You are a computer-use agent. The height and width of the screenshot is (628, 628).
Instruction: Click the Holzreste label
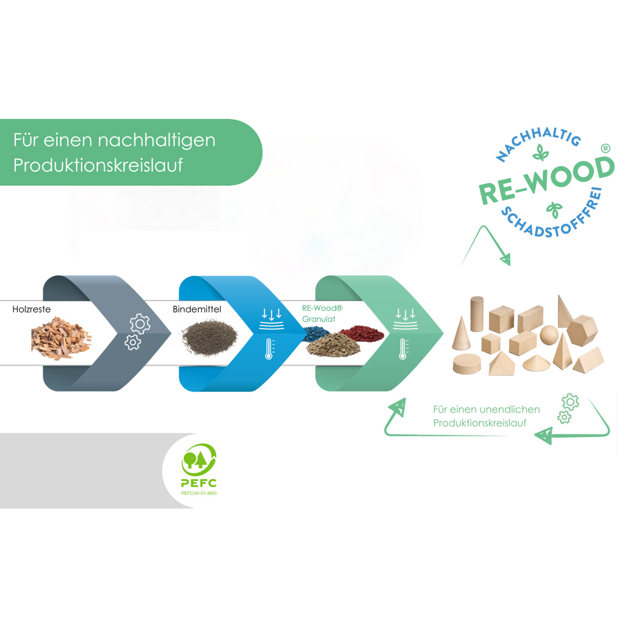coord(31,309)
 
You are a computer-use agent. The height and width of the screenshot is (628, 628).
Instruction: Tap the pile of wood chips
coord(61,338)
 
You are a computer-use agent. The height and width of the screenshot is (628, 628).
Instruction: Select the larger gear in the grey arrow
coord(140,324)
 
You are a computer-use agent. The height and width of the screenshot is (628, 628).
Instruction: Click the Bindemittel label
coord(197,309)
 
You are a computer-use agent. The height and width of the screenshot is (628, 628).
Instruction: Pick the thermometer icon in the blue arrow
coord(270,349)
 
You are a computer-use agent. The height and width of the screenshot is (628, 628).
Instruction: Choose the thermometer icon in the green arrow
coord(403,349)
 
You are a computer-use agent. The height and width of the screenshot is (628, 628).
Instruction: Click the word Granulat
coord(319,319)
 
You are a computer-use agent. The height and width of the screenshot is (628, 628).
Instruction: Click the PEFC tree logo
coord(198,459)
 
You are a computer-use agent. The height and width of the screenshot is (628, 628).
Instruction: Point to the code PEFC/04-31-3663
coord(199,493)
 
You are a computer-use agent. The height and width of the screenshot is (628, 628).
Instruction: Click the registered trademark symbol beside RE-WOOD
coord(605,149)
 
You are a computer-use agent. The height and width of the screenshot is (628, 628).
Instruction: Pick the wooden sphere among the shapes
coord(549,335)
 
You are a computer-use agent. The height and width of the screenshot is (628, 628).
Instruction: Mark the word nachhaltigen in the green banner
coord(156,140)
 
